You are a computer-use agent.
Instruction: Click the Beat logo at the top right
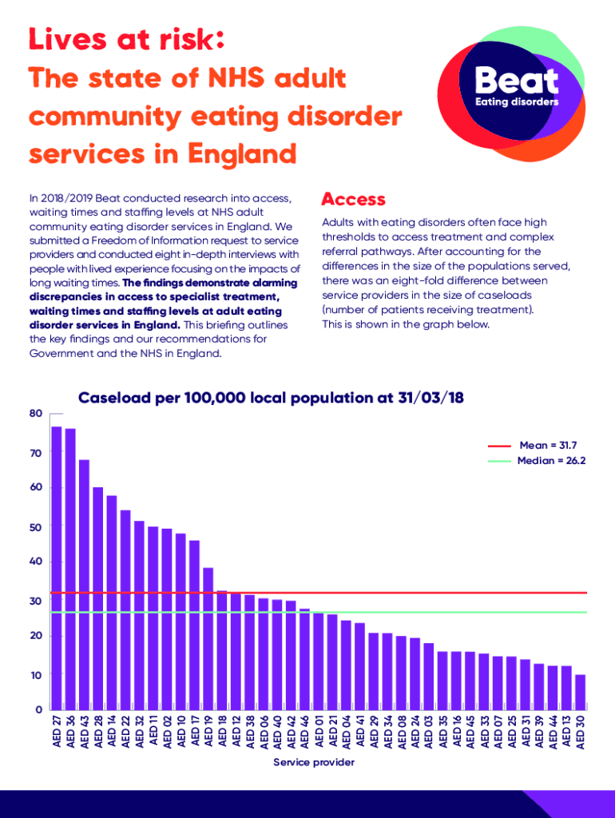[516, 92]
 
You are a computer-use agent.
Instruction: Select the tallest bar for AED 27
[57, 567]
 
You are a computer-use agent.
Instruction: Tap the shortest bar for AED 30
[581, 692]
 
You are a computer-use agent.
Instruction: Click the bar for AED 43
[85, 584]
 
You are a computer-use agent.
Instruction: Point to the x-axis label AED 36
[70, 732]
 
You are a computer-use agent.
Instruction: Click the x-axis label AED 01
[319, 732]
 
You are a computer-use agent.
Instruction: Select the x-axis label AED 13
[567, 732]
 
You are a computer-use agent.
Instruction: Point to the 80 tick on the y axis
[36, 414]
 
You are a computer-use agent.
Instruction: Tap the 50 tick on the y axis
[36, 527]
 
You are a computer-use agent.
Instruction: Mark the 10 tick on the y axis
[36, 675]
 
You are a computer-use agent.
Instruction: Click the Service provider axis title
[314, 763]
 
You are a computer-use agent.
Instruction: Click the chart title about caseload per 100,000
[271, 399]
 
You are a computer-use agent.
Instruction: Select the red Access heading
[353, 199]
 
